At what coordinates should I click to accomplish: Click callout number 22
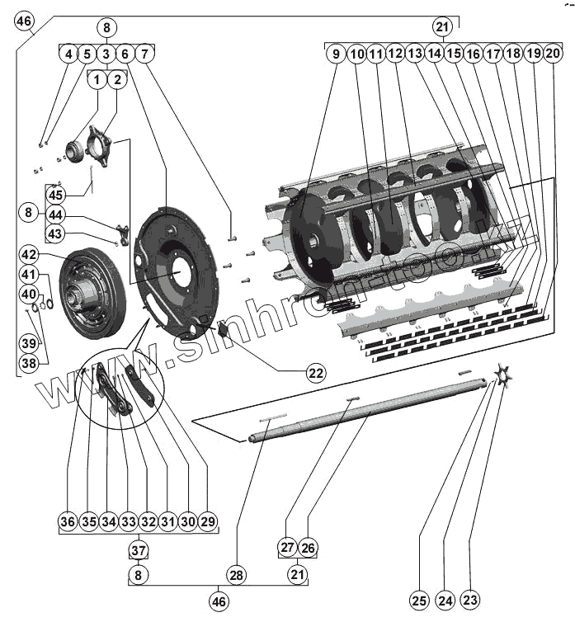pyautogui.click(x=315, y=373)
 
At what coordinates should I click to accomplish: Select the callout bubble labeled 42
pyautogui.click(x=30, y=254)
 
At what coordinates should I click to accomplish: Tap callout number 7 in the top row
pyautogui.click(x=144, y=54)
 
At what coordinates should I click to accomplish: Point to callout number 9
pyautogui.click(x=336, y=54)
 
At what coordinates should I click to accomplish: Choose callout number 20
pyautogui.click(x=553, y=54)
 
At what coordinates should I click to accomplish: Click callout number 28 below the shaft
pyautogui.click(x=238, y=574)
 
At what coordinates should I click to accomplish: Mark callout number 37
pyautogui.click(x=138, y=550)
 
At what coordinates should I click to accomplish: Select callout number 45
pyautogui.click(x=55, y=196)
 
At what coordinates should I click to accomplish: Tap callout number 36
pyautogui.click(x=68, y=521)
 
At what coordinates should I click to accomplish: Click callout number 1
pyautogui.click(x=97, y=80)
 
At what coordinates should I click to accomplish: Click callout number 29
pyautogui.click(x=207, y=521)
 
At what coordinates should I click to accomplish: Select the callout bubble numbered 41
pyautogui.click(x=30, y=275)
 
